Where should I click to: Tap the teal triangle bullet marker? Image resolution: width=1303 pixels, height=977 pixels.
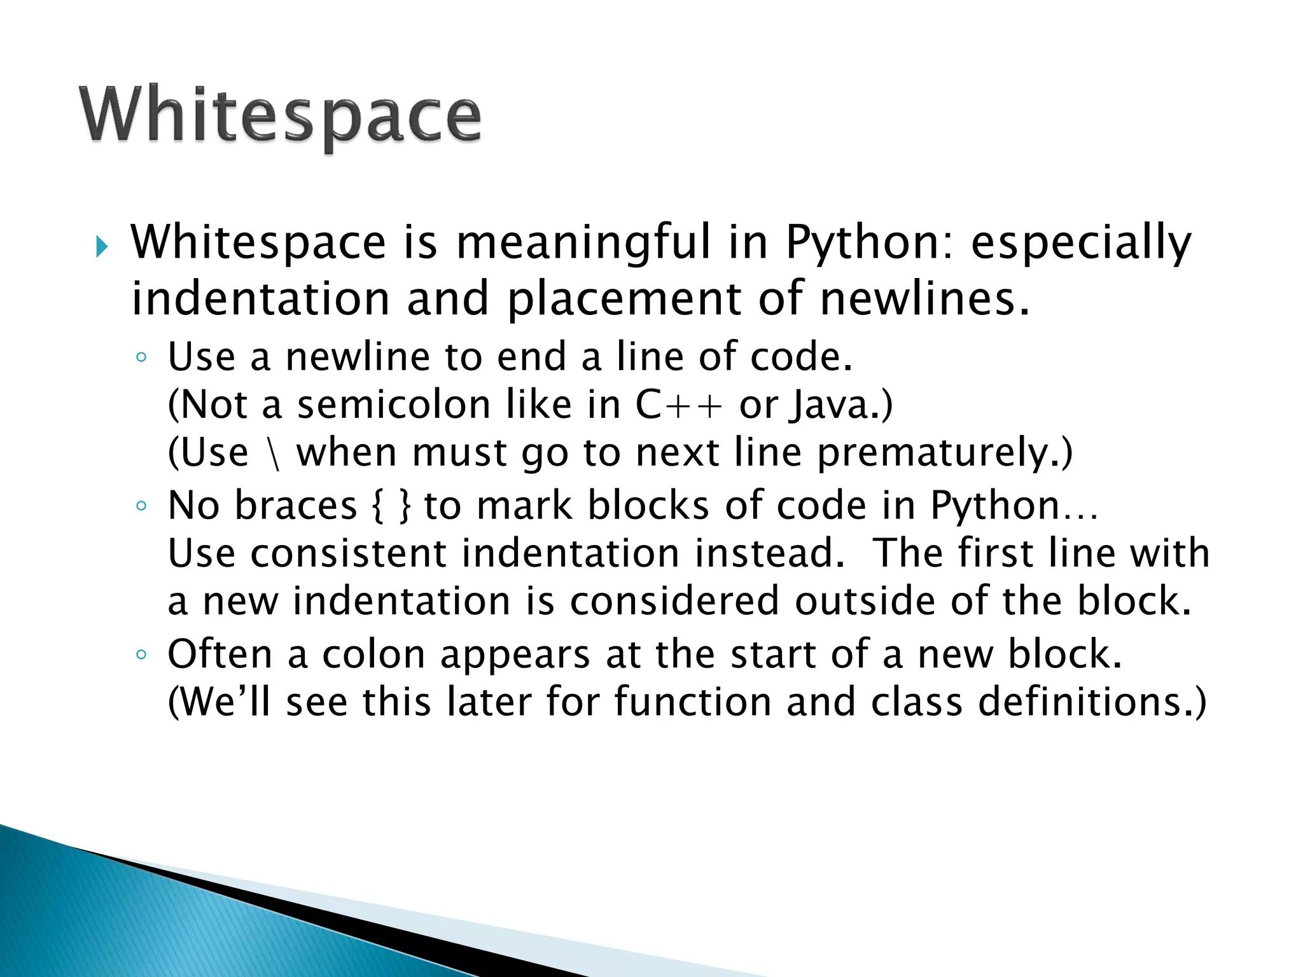102,246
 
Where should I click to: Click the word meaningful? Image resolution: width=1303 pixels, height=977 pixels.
583,244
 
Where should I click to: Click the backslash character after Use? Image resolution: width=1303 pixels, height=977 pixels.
274,454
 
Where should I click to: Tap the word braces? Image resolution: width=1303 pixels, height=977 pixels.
296,506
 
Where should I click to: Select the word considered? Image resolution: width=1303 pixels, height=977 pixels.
674,602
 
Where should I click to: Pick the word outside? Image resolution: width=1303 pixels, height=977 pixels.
865,602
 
